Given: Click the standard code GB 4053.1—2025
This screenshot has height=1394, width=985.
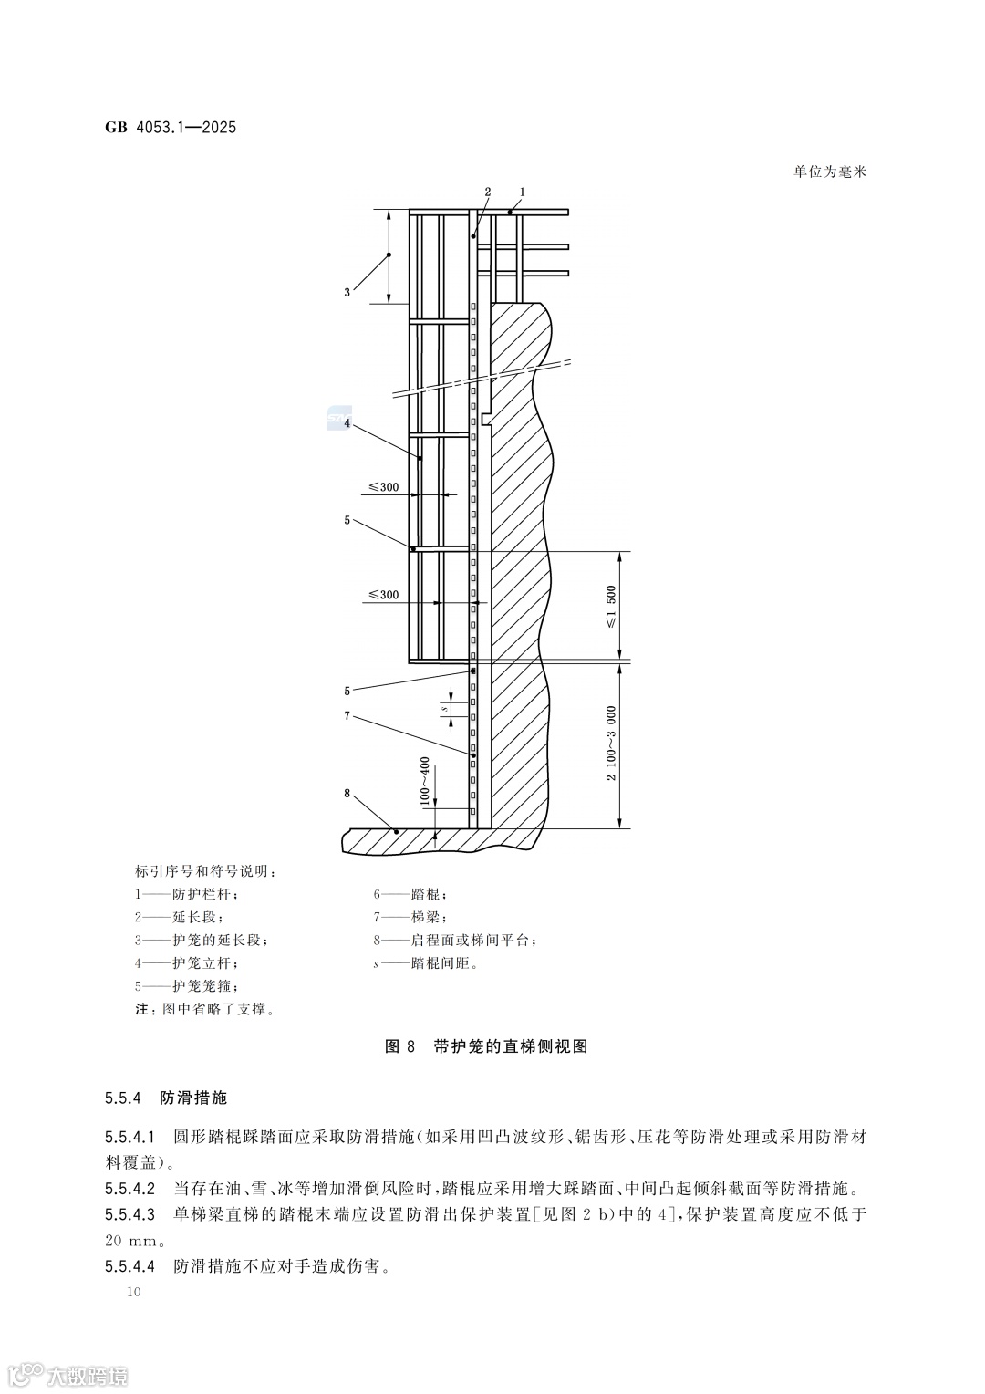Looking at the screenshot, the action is pyautogui.click(x=171, y=128).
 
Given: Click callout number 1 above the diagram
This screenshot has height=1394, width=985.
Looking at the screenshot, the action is pyautogui.click(x=522, y=192).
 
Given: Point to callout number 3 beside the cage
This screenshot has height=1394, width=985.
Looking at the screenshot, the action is pyautogui.click(x=347, y=292).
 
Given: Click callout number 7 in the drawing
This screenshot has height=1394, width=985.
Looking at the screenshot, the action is pyautogui.click(x=347, y=716).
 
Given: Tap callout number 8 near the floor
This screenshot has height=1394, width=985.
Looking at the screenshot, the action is pyautogui.click(x=347, y=793).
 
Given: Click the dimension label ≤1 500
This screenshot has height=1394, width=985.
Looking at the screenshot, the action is pyautogui.click(x=610, y=606).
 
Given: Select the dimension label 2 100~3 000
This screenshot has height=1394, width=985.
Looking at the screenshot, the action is pyautogui.click(x=610, y=743).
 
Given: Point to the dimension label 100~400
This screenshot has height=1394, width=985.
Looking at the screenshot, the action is pyautogui.click(x=424, y=780).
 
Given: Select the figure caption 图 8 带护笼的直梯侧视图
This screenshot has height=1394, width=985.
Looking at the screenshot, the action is pyautogui.click(x=487, y=1046).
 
